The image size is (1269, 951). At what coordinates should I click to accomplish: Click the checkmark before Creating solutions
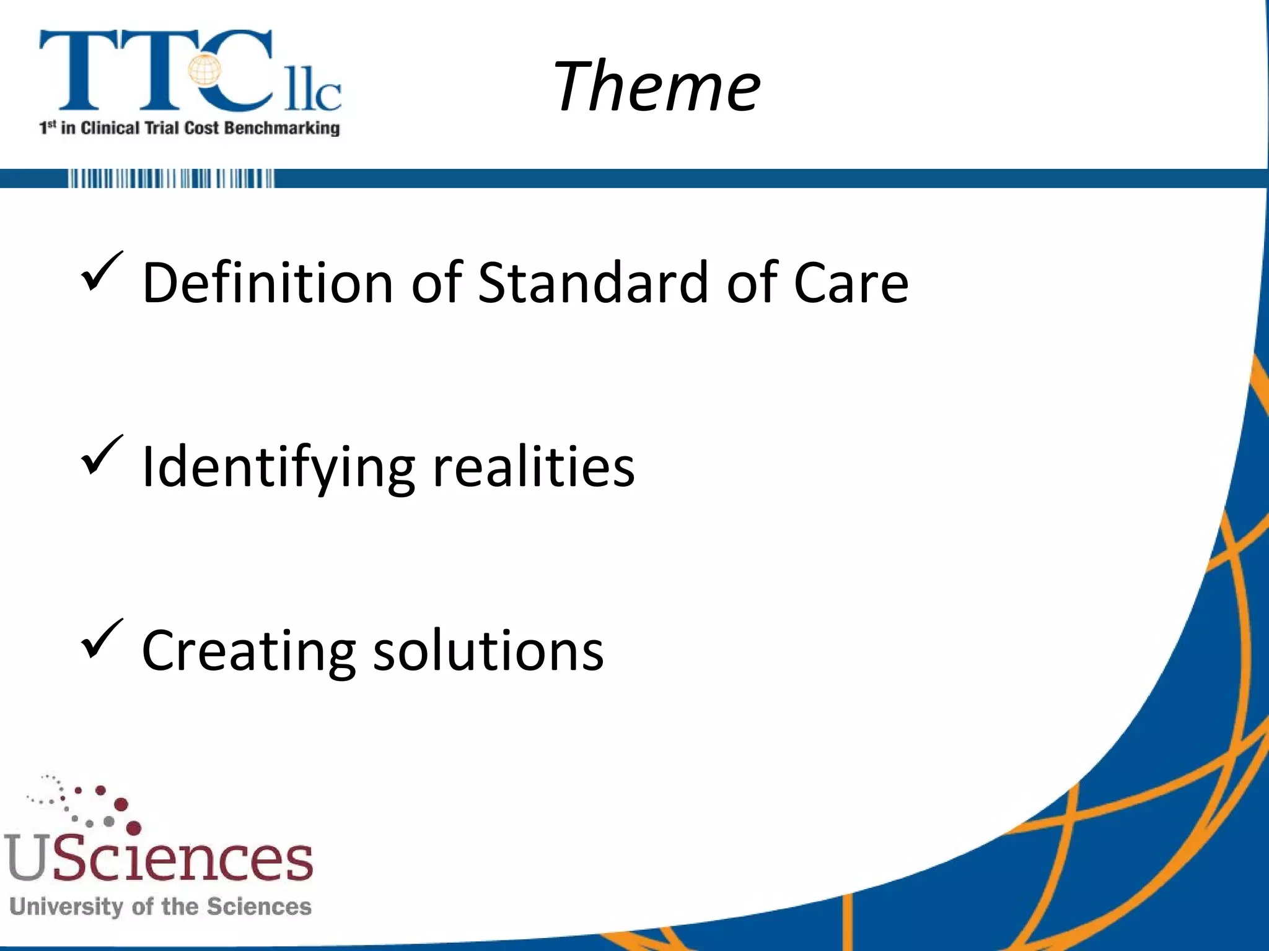pos(101,639)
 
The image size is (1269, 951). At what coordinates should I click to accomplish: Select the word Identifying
pos(278,468)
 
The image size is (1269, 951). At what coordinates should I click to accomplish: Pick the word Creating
pos(248,651)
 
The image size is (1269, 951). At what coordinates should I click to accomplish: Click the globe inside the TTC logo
pos(205,70)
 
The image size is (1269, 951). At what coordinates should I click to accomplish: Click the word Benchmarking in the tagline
pos(281,128)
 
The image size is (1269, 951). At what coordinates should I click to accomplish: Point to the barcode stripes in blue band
pos(170,178)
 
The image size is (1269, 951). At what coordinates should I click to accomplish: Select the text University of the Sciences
pos(160,906)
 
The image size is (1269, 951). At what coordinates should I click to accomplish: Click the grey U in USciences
pos(26,858)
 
